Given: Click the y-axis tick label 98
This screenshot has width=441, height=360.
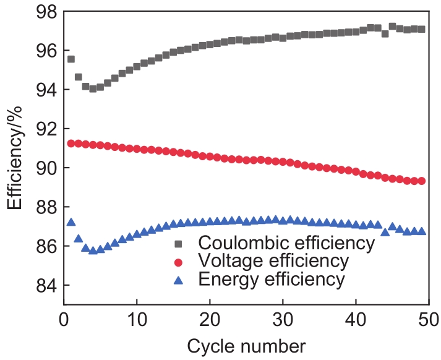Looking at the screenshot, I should pos(42,12).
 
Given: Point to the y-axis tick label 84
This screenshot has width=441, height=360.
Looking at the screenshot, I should pos(42,286).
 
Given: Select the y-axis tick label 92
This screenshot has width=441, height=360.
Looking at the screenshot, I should pos(42,129).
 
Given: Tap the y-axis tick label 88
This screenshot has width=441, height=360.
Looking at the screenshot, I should pos(42,208).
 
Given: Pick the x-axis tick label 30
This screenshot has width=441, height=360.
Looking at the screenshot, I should pos(283,320).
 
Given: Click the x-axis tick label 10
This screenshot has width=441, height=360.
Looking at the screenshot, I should pos(137,320).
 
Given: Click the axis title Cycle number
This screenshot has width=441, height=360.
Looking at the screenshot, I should pos(246,345).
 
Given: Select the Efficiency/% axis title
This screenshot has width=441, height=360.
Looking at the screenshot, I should pos(16,158).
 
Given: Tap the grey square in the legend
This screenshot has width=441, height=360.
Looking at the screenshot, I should pos(179,242).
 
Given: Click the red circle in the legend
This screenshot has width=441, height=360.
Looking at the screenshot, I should pos(179,260).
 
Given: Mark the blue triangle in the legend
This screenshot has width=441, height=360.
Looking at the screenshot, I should pos(179,279).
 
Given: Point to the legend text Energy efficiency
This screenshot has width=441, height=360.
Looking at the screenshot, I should pos(272,279).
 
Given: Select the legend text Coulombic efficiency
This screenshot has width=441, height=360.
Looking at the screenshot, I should pos(288,242).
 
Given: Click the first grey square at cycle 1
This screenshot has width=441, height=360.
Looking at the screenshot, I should pos(71,59).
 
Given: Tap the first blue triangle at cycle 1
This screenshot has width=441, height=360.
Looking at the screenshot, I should pos(71,222).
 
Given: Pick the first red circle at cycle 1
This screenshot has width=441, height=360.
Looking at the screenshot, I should pos(71,144).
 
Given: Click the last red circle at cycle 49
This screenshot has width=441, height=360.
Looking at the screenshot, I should pos(421,181).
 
